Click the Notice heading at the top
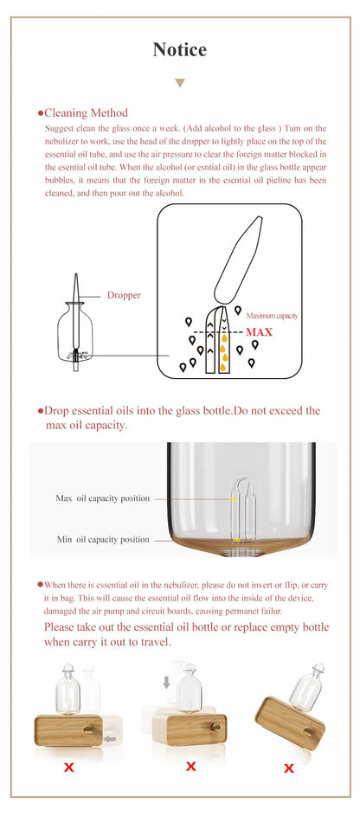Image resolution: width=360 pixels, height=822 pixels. tap(180, 49)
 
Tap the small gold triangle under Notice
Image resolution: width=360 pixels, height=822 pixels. tap(180, 83)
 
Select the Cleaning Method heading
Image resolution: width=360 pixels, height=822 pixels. tap(86, 112)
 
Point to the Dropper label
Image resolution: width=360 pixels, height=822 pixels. tap(124, 295)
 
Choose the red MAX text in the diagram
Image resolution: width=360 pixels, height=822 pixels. tap(259, 331)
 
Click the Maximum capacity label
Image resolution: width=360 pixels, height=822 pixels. tap(272, 316)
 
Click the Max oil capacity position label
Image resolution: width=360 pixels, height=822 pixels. tap(102, 498)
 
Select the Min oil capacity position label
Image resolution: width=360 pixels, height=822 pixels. tap(102, 539)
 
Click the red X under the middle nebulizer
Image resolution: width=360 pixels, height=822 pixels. tap(191, 766)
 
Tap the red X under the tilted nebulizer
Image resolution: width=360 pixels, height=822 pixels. tap(289, 767)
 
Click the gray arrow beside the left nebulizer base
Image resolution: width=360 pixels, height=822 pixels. tap(109, 739)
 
